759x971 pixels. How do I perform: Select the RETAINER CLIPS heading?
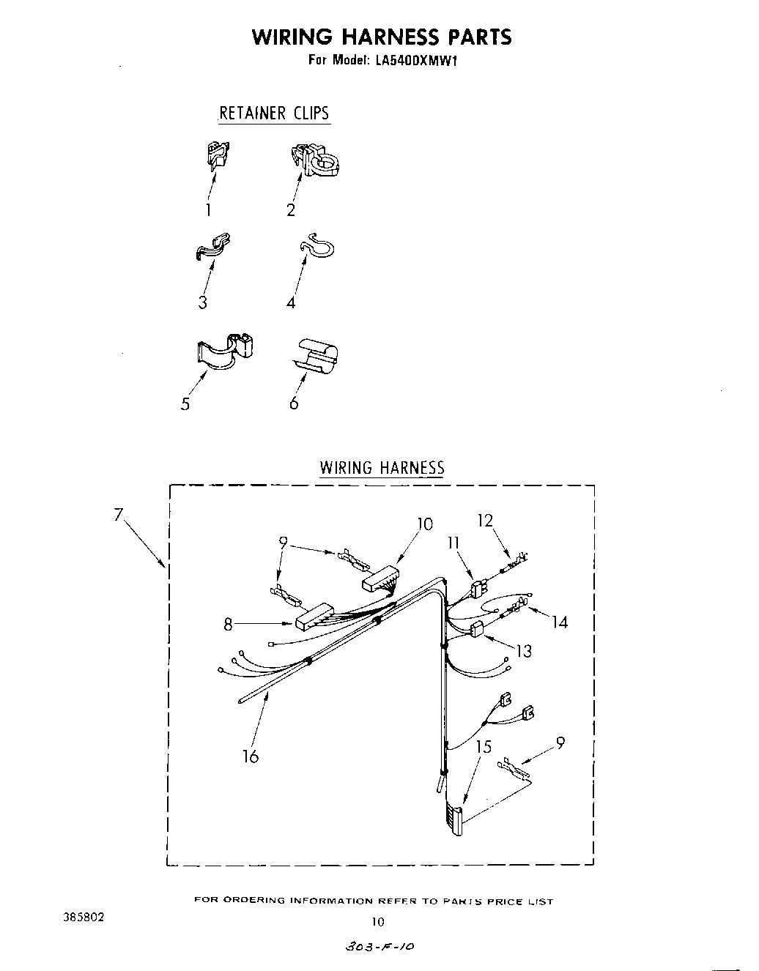274,113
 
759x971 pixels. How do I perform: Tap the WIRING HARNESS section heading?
382,467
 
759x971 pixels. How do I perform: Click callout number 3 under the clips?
202,302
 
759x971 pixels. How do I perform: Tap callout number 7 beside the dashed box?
118,515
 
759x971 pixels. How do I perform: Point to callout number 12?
484,521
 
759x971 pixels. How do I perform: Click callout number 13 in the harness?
524,650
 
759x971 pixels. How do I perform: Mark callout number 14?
560,622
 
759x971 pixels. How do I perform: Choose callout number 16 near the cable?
251,756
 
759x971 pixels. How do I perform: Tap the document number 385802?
85,916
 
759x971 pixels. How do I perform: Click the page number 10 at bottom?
378,921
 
